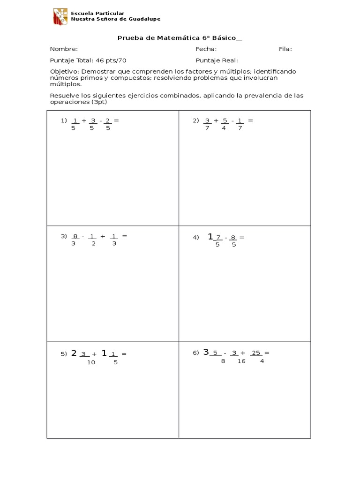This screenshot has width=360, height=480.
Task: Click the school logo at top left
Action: point(60,16)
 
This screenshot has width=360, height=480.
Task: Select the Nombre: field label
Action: point(64,49)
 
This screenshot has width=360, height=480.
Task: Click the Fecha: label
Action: point(206,49)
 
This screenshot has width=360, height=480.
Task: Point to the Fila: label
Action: point(285,49)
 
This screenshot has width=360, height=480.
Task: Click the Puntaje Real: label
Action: point(217,60)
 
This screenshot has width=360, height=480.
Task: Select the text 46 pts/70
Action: point(111,60)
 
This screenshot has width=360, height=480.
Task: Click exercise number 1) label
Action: point(64,120)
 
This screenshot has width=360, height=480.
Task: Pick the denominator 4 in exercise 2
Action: point(224,128)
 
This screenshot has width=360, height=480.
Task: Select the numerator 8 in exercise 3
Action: point(74,236)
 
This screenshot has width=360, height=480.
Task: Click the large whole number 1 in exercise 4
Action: point(210,237)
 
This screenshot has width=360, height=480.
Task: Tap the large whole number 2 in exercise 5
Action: point(74,353)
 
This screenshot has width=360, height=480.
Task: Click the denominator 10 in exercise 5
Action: point(91,362)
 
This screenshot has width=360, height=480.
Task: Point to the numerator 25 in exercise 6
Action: point(255,353)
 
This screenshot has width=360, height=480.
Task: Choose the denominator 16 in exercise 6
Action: point(241,361)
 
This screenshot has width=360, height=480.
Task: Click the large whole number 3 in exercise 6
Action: point(206,352)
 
